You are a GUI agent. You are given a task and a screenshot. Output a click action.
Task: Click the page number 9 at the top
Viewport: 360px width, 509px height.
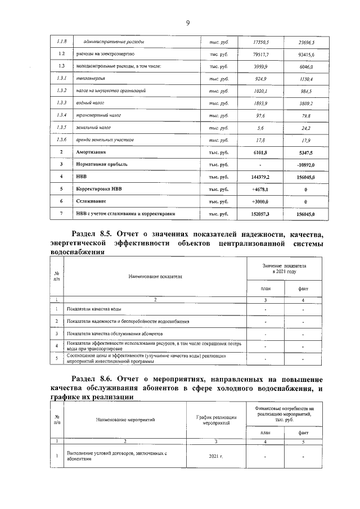pos(188,22)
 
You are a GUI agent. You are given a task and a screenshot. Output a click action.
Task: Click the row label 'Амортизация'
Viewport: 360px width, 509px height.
pos(91,152)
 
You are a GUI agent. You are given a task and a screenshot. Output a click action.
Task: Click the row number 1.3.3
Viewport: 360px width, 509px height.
pos(62,103)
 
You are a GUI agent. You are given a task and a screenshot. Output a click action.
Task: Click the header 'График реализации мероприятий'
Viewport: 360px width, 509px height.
pos(217,419)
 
